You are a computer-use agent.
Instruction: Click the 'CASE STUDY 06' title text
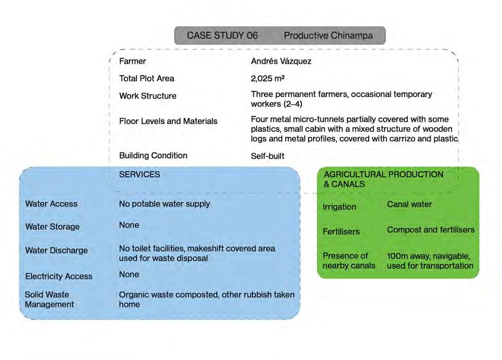pyautogui.click(x=222, y=36)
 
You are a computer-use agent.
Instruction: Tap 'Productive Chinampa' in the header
pyautogui.click(x=328, y=36)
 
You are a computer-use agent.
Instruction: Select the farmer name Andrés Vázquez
pyautogui.click(x=281, y=61)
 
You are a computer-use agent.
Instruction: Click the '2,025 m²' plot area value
pyautogui.click(x=268, y=78)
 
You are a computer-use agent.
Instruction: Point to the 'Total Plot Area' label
pyautogui.click(x=147, y=78)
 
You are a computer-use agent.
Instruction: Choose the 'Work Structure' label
pyautogui.click(x=148, y=96)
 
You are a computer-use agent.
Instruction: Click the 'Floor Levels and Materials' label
pyautogui.click(x=168, y=121)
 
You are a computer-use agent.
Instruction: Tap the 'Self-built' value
pyautogui.click(x=267, y=156)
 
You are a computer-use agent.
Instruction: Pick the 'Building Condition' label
pyautogui.click(x=153, y=156)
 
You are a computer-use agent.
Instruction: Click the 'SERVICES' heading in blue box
pyautogui.click(x=140, y=174)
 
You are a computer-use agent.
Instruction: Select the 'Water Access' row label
pyautogui.click(x=51, y=204)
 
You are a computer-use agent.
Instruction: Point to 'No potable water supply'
pyautogui.click(x=165, y=204)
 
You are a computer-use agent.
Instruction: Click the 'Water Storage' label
pyautogui.click(x=52, y=227)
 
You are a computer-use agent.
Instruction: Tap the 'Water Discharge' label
pyautogui.click(x=57, y=250)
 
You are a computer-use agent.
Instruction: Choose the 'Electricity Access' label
pyautogui.click(x=59, y=276)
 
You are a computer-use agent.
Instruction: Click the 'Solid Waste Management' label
pyautogui.click(x=49, y=300)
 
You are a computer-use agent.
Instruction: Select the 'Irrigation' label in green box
pyautogui.click(x=339, y=206)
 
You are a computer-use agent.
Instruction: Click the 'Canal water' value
pyautogui.click(x=409, y=204)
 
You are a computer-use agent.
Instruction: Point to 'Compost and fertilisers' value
pyautogui.click(x=431, y=230)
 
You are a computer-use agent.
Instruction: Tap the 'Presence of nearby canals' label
pyautogui.click(x=349, y=260)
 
